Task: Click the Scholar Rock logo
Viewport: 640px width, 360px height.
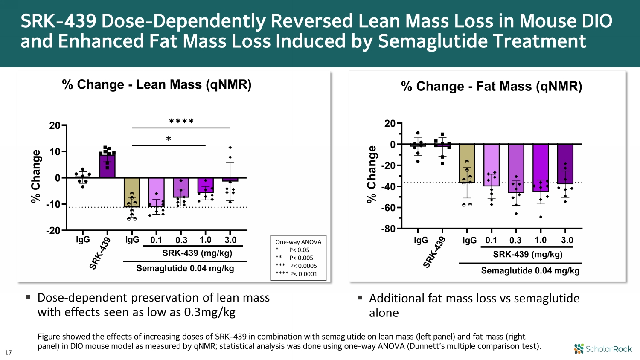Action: click(603, 349)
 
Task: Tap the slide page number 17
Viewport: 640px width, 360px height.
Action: click(8, 352)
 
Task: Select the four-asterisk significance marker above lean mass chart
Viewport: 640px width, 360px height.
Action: click(181, 122)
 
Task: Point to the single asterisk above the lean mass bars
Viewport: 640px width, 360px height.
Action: click(169, 139)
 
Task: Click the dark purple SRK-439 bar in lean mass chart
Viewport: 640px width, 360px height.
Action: click(107, 165)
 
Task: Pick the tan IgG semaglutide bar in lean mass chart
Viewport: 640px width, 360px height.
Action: click(132, 192)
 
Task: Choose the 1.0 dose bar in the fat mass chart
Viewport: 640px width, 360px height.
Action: click(541, 168)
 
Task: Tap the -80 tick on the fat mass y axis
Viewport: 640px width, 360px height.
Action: click(388, 229)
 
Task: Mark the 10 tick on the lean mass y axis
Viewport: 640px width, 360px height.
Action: click(55, 152)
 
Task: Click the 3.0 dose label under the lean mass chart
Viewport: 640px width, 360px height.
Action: click(230, 240)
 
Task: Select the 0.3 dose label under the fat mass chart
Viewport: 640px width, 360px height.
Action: click(515, 240)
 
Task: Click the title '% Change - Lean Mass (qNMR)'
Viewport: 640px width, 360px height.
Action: click(157, 84)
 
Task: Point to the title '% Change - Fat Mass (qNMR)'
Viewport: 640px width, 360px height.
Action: click(492, 87)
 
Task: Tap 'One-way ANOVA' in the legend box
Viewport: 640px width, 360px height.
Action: click(298, 242)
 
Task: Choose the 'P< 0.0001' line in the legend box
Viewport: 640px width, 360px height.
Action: click(303, 274)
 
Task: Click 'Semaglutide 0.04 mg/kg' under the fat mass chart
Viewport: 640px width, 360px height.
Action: click(530, 271)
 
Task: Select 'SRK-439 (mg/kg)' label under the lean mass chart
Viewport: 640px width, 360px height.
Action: click(197, 253)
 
